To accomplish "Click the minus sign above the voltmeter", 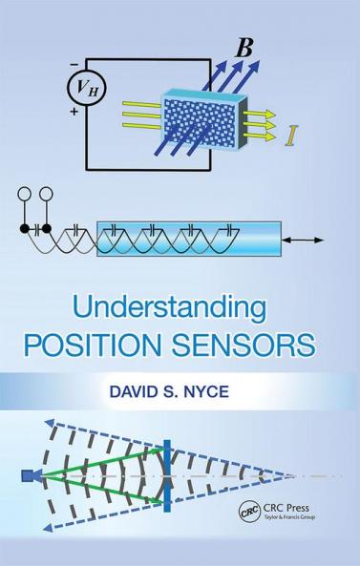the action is click(x=73, y=63).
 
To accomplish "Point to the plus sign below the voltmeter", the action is click(x=73, y=113).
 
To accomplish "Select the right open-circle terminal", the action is click(x=45, y=197).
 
